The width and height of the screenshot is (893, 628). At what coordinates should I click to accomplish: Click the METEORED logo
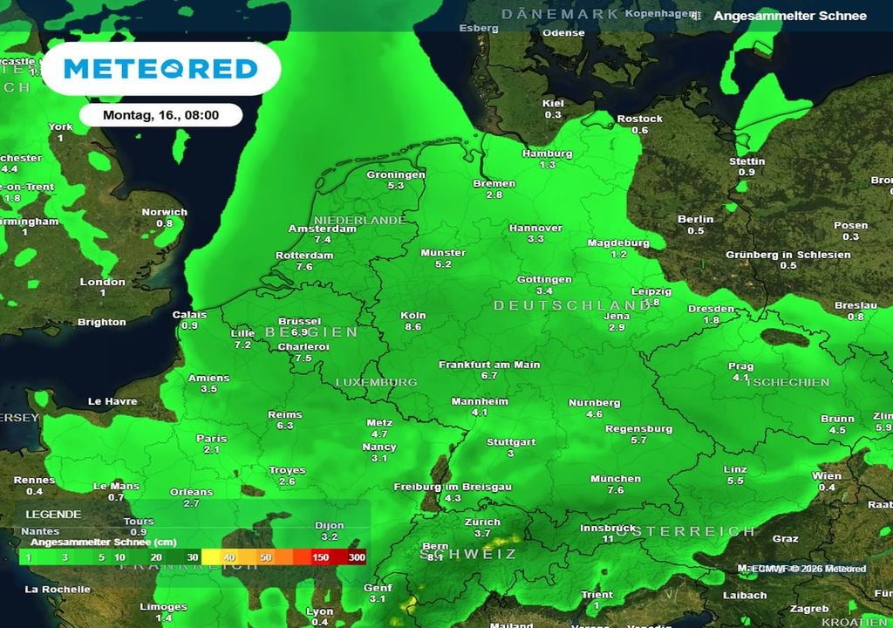(161, 68)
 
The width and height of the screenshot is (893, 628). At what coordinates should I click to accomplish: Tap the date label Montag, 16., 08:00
(160, 114)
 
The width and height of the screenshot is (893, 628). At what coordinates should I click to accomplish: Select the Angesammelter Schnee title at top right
(790, 16)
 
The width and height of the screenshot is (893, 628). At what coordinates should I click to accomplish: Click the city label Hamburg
(547, 154)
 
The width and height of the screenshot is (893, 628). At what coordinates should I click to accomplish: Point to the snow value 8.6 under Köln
(413, 326)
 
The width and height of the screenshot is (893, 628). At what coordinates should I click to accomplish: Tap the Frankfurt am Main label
(489, 365)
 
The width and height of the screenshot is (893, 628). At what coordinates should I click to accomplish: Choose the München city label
(616, 479)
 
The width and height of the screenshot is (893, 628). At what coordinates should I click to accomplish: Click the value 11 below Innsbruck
(609, 539)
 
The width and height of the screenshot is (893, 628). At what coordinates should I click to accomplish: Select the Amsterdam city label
(323, 229)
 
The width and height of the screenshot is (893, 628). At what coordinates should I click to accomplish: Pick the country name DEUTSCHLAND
(561, 305)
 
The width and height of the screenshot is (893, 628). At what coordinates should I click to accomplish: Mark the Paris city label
(211, 439)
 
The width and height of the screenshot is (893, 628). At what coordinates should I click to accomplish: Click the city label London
(103, 282)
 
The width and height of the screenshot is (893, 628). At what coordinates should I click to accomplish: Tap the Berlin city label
(695, 219)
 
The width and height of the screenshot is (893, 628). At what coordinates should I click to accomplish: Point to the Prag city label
(740, 366)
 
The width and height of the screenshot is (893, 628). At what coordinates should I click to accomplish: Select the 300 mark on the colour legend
(357, 557)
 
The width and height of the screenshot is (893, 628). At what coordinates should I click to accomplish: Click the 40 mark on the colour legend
(230, 557)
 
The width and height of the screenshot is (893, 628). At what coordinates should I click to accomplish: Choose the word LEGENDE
(53, 515)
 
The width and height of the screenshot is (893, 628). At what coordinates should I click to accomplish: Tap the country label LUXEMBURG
(377, 382)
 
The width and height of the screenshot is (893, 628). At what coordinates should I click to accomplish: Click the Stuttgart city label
(511, 442)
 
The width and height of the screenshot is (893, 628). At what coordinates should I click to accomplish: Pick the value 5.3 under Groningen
(396, 186)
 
